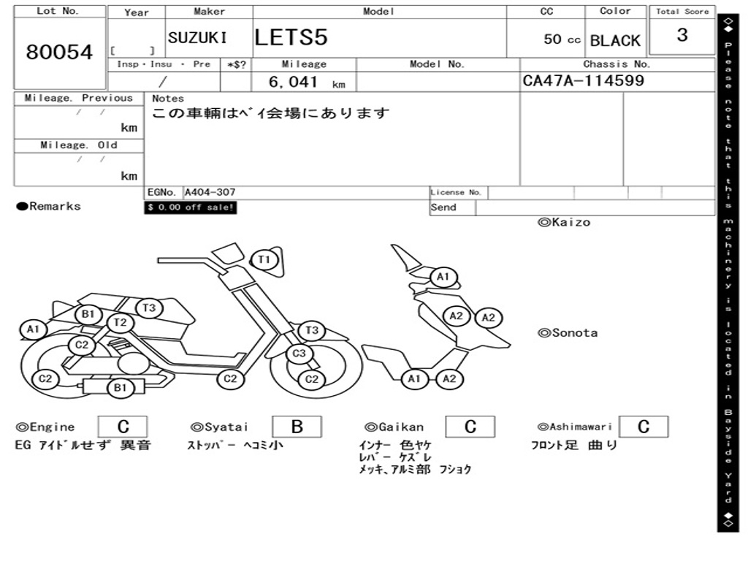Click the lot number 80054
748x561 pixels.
pos(60,53)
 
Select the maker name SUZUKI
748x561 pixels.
pos(197,38)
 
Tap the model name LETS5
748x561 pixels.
pos(291,38)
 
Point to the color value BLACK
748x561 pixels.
pos(615,41)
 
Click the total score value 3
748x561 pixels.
pos(682,36)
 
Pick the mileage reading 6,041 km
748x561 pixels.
pos(305,83)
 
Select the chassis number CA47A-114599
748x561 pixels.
pos(584,80)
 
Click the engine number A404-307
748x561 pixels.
pos(210,193)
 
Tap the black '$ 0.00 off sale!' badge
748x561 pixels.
pos(191,207)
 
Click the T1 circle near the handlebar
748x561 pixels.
pos(264,259)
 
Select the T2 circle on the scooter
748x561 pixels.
pos(121,322)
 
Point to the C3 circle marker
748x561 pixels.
pos(298,354)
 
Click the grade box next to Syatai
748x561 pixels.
pos(297,427)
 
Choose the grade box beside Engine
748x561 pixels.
pos(123,427)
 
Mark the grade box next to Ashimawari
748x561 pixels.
pos(643,427)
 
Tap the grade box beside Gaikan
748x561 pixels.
pos(470,427)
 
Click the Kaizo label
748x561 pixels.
pos(564,222)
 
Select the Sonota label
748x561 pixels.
pos(568,333)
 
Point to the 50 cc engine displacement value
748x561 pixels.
pos(562,39)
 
